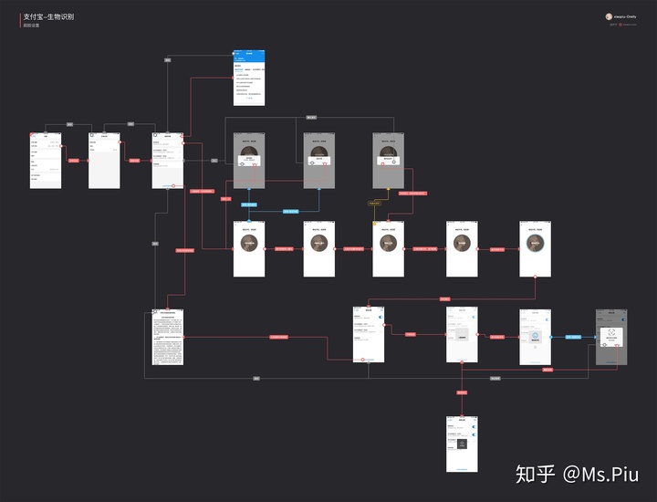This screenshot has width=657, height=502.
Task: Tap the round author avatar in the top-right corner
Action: [x=609, y=16]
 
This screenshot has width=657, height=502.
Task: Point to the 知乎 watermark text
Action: [x=535, y=475]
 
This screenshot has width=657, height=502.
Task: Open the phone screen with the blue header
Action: [x=249, y=78]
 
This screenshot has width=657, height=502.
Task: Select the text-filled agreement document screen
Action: [x=168, y=338]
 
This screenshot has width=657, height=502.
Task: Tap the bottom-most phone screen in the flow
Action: [x=462, y=444]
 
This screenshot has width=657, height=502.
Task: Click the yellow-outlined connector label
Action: [x=374, y=203]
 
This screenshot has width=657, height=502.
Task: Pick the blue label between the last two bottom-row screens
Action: [x=573, y=337]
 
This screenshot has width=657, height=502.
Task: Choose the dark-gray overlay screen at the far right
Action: [x=611, y=337]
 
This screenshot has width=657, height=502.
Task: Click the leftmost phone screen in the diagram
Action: [x=45, y=161]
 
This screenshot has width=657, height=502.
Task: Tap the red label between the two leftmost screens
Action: [x=74, y=161]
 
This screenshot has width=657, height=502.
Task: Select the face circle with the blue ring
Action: [x=249, y=242]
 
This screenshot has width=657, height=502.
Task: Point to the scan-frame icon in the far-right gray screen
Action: [x=611, y=334]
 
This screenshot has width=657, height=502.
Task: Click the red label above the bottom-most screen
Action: [x=462, y=392]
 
